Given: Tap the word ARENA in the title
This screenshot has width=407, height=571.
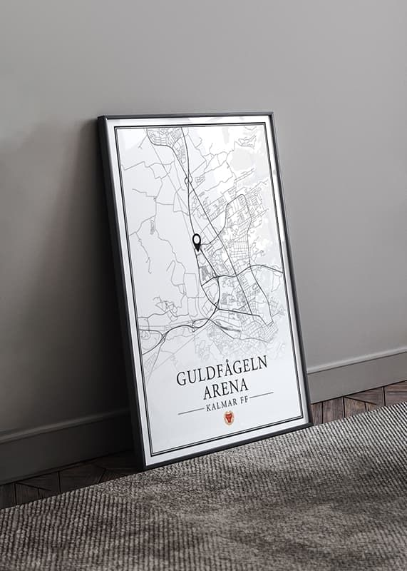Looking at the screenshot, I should [x=227, y=390].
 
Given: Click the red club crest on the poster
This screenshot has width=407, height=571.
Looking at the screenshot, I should [x=229, y=418].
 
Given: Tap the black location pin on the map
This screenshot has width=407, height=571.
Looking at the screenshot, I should [x=197, y=241].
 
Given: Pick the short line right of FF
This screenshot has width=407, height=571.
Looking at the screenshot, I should [x=261, y=395].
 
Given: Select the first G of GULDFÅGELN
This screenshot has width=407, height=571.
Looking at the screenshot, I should [x=181, y=379].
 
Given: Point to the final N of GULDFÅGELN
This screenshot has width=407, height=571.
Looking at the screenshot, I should [x=262, y=361].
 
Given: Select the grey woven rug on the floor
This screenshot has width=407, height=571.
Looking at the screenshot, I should [x=214, y=514].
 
